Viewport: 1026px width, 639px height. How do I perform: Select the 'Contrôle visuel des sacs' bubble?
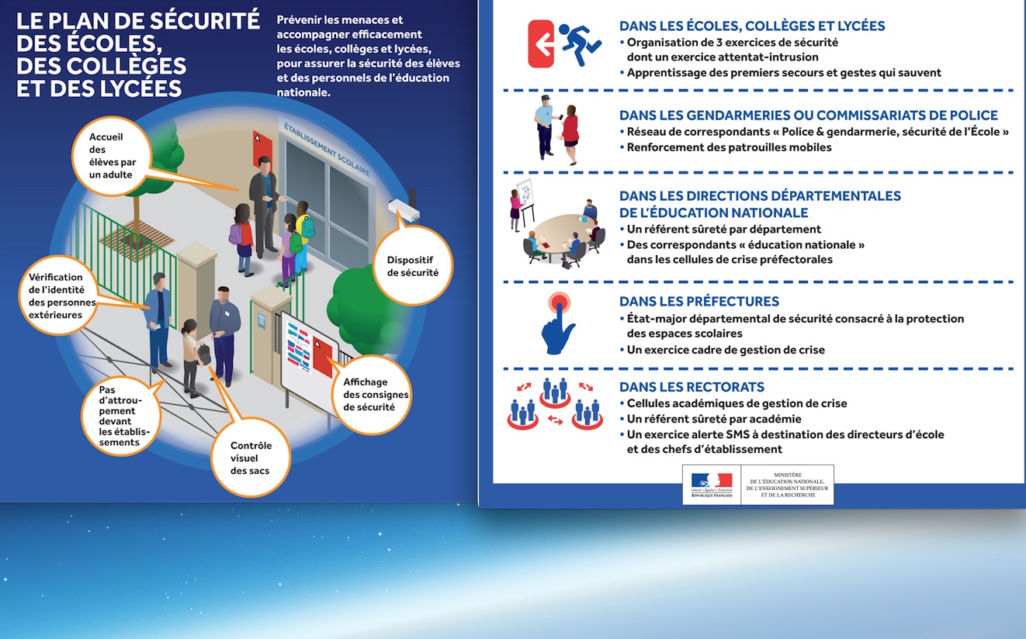click(250, 458)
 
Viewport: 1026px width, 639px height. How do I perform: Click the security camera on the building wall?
click(404, 207)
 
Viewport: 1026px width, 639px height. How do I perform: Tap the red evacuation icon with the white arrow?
click(541, 44)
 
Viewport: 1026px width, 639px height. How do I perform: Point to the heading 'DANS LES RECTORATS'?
click(692, 387)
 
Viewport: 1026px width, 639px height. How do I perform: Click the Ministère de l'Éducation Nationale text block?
click(787, 484)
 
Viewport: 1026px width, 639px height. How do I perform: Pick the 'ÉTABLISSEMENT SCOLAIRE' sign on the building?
click(327, 148)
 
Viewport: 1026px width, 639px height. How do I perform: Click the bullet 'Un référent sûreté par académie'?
click(713, 419)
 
